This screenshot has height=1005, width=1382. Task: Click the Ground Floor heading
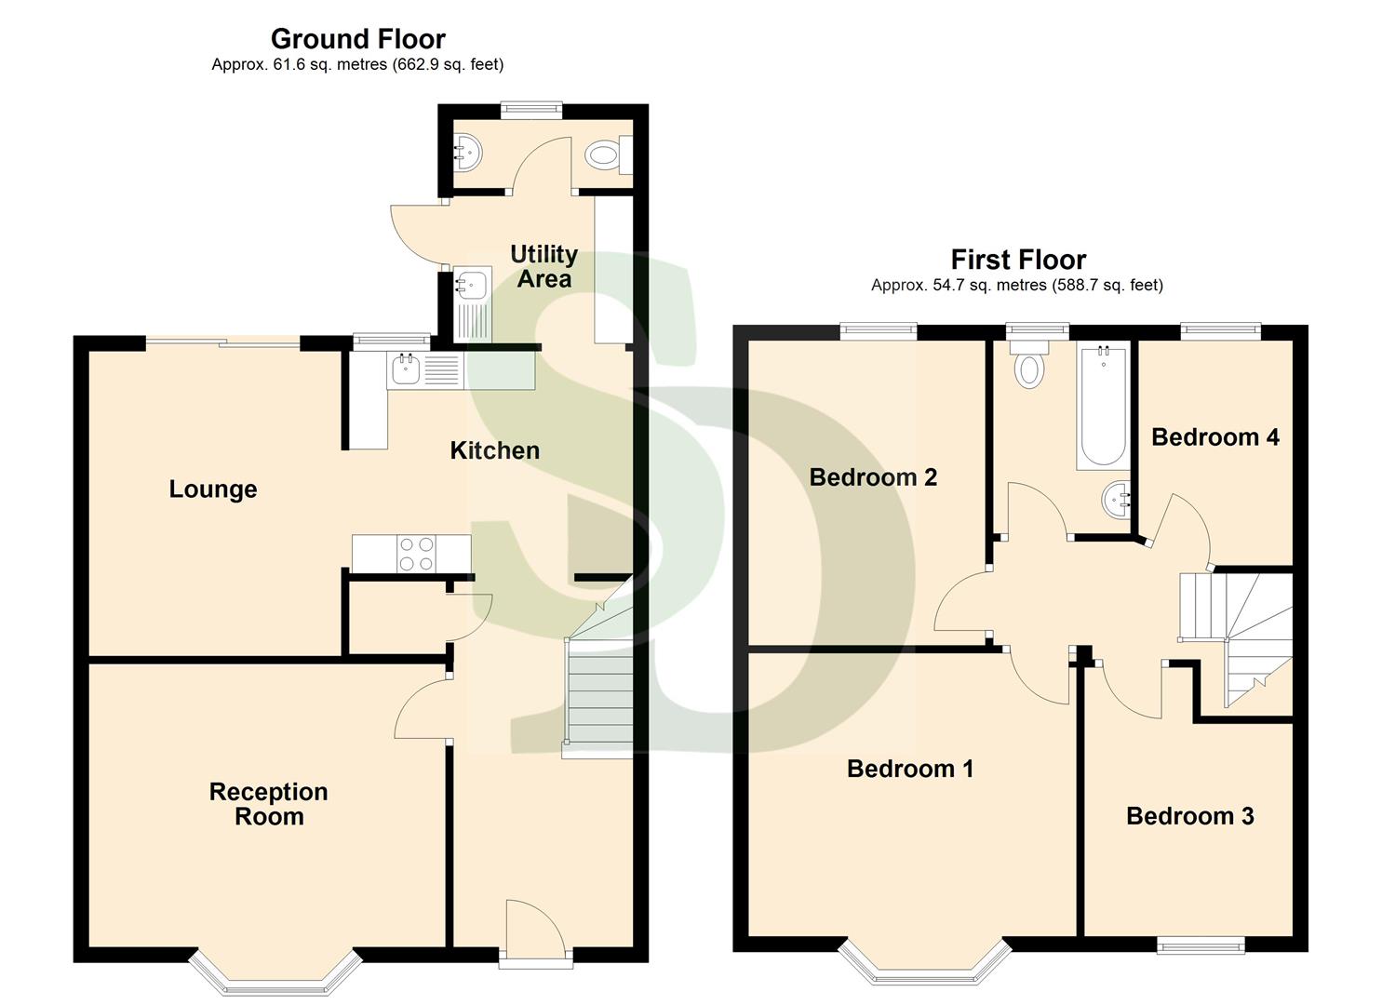click(x=357, y=39)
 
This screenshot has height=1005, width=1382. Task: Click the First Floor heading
click(x=1018, y=260)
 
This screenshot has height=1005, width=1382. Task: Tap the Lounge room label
click(x=212, y=489)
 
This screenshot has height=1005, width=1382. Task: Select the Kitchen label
click(x=494, y=450)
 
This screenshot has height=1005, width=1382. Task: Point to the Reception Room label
click(x=268, y=804)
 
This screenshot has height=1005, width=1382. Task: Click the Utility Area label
click(x=543, y=266)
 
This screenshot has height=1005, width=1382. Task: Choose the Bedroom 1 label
click(x=909, y=769)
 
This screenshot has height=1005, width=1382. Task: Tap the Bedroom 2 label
click(x=873, y=477)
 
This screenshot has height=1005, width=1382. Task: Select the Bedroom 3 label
click(x=1189, y=816)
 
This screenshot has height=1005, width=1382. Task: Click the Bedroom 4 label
click(x=1214, y=437)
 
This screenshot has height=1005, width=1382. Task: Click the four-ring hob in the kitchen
click(x=415, y=554)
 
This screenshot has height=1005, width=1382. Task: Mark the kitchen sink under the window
click(x=407, y=369)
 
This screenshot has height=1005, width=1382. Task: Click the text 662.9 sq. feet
click(x=448, y=65)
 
